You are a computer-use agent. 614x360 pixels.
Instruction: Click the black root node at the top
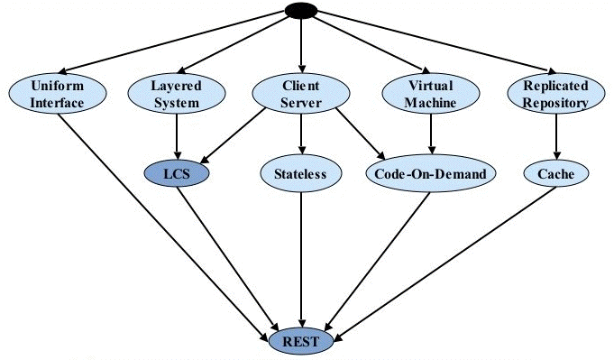[300, 10]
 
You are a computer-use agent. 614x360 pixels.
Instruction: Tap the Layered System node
[176, 94]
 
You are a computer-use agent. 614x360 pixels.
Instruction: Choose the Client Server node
[300, 94]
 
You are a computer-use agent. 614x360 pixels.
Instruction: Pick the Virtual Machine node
[432, 94]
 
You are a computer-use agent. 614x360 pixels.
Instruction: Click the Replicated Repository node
[555, 94]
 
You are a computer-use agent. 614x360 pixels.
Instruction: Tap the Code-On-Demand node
[431, 171]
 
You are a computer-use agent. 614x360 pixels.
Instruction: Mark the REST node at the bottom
[302, 341]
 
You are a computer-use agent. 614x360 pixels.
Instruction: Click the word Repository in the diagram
[555, 103]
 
